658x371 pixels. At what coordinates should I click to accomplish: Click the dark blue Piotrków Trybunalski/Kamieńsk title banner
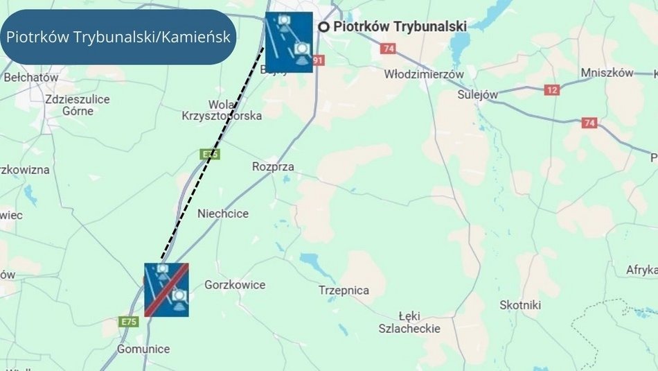click(118, 37)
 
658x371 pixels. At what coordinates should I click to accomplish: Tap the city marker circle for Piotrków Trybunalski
click(323, 26)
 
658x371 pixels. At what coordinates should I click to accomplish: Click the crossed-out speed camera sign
click(166, 289)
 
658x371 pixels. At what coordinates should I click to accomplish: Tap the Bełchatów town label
click(31, 78)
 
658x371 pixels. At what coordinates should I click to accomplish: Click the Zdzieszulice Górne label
click(77, 105)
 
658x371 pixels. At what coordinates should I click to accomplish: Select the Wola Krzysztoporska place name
click(222, 110)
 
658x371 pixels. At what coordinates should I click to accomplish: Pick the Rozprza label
click(273, 167)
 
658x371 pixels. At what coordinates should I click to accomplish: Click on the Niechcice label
click(223, 214)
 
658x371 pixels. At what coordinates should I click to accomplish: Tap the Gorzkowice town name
click(235, 285)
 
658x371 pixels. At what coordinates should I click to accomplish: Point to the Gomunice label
click(143, 349)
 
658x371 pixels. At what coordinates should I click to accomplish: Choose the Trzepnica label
click(344, 290)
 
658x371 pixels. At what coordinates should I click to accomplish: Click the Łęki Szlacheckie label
click(409, 322)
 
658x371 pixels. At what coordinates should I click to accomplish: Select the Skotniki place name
click(520, 305)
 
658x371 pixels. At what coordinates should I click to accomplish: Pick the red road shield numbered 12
click(552, 90)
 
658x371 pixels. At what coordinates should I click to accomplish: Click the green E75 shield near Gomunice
click(129, 322)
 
